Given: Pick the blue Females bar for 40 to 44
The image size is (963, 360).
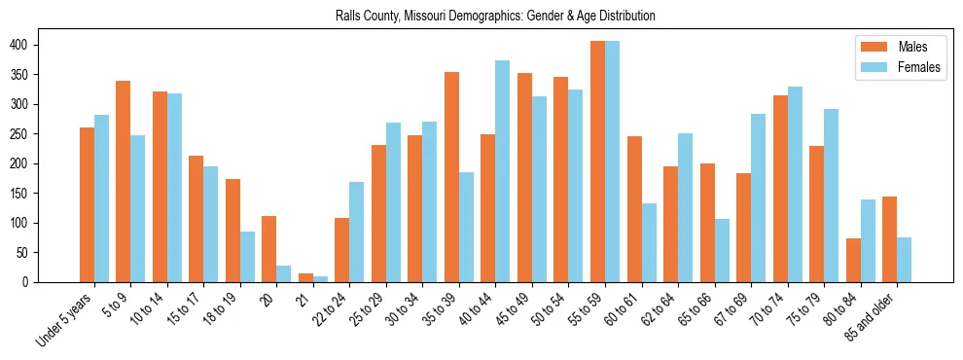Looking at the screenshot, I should [503, 171].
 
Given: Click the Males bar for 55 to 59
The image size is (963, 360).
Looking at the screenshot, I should [597, 162].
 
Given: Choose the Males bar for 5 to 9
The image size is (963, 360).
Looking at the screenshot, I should [124, 181].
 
